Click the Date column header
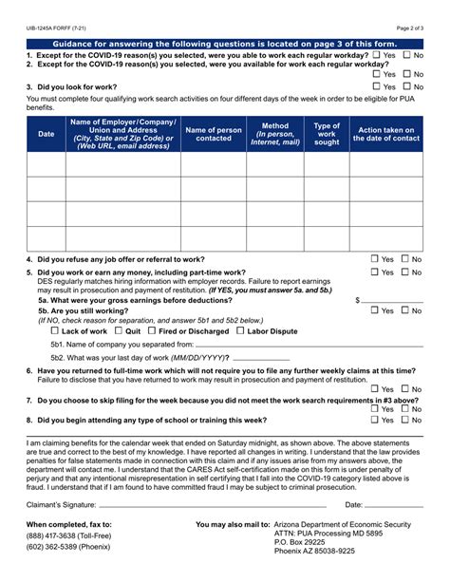pos(46,134)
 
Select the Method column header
pos(274,134)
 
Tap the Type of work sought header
pos(327,134)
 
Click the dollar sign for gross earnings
pos(358,299)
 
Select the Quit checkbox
pos(119,331)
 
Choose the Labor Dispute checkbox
pos(241,331)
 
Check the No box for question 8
pos(405,419)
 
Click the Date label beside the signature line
pos(353,504)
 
